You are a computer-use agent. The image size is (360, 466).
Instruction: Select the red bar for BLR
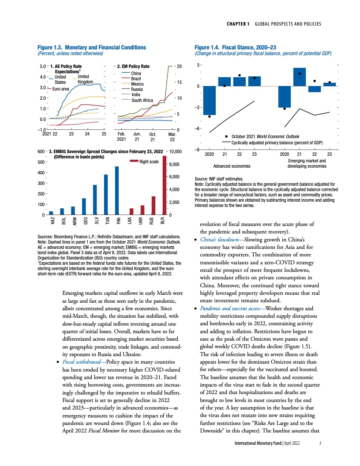coord(165,185)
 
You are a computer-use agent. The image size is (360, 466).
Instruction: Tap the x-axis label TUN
coord(106,221)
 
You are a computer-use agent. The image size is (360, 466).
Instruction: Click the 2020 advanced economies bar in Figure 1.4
coord(210,101)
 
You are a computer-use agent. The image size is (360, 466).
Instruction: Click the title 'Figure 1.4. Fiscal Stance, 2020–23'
coord(232,47)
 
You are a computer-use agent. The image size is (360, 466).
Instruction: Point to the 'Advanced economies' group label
coord(232,166)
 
